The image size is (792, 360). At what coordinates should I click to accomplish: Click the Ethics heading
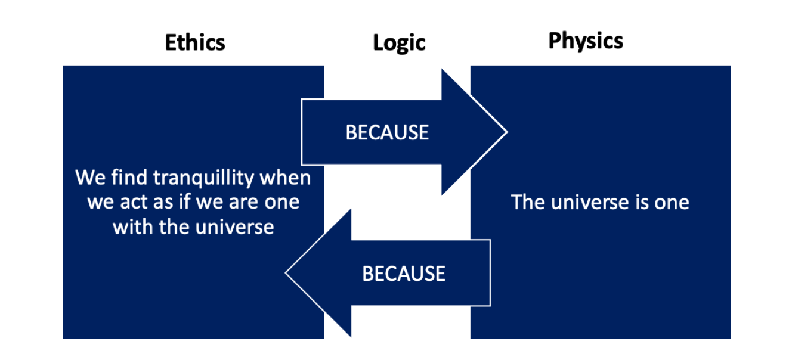coord(195,43)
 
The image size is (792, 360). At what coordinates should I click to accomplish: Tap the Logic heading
coord(399,43)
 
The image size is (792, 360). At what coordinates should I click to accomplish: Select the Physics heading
coord(586,41)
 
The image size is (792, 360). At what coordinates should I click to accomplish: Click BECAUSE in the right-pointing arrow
coord(387,132)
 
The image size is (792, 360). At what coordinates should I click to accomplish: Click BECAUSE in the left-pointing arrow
coord(404,274)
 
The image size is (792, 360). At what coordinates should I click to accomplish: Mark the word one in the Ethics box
coord(283,203)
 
